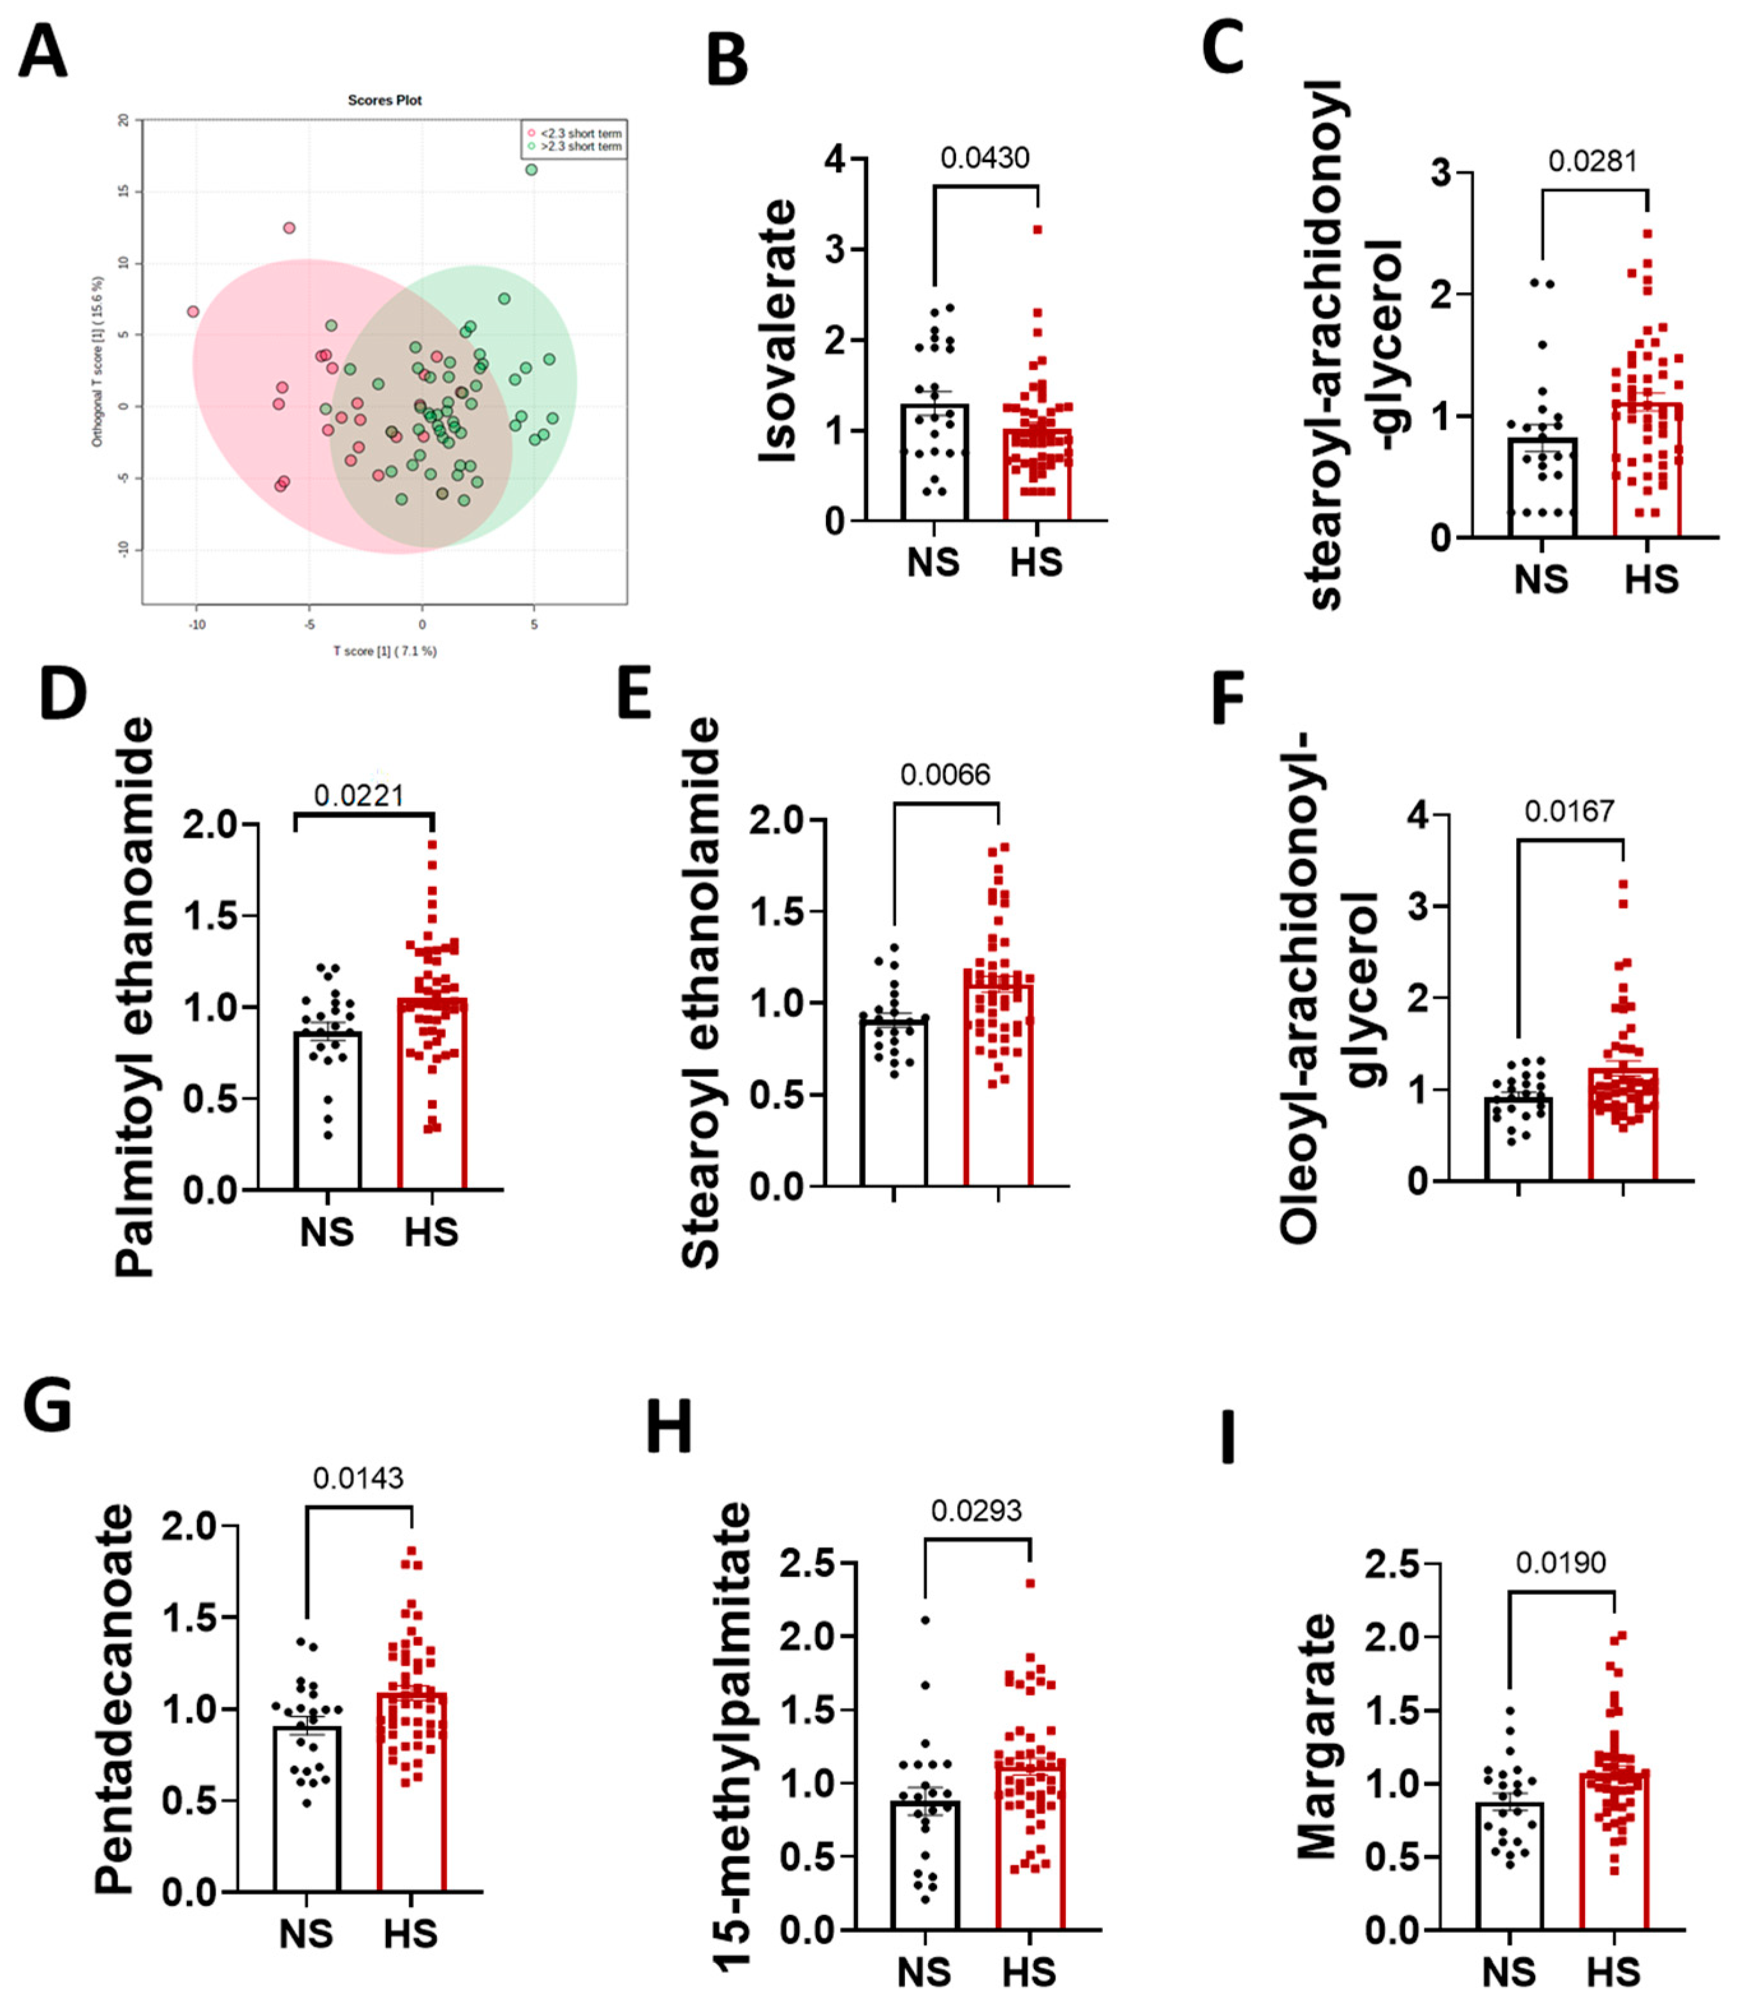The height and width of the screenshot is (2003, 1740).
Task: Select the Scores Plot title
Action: tap(385, 100)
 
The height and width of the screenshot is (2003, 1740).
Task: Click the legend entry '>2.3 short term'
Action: tap(580, 147)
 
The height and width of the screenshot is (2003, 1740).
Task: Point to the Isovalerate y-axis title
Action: tap(777, 330)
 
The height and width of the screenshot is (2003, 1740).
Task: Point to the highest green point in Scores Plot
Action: tap(531, 170)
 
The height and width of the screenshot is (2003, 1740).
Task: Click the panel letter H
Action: tap(669, 1427)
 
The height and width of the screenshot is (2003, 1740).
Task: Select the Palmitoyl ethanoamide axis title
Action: tap(134, 996)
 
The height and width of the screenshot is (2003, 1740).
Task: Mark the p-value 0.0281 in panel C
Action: tap(1593, 161)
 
